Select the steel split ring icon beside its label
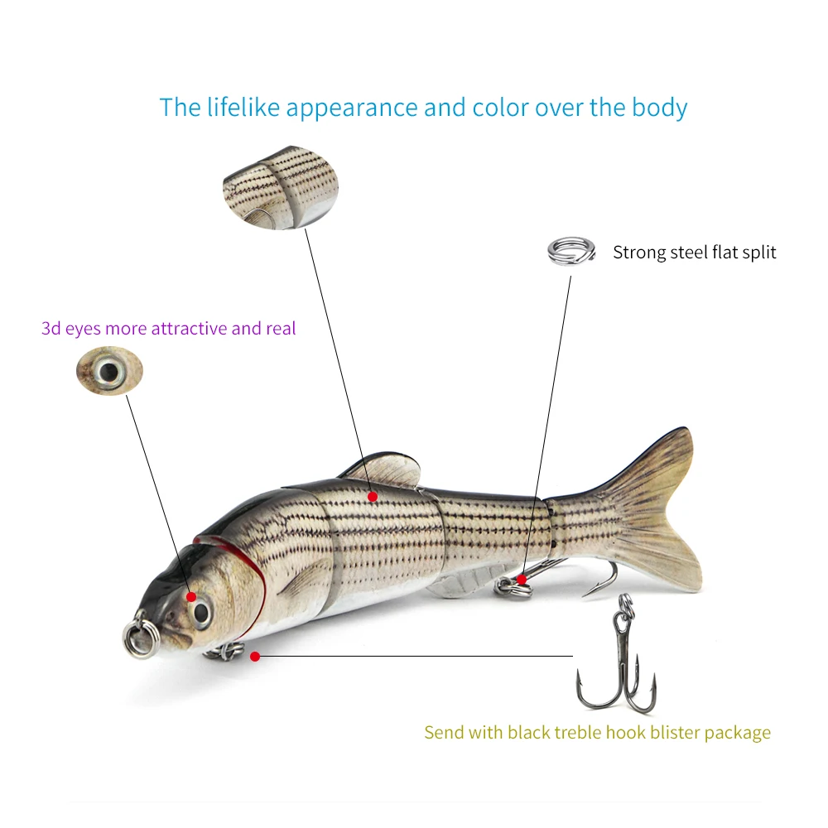[x=572, y=250]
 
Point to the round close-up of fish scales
[x=281, y=187]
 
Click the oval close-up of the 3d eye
[x=109, y=370]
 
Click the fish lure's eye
[x=201, y=612]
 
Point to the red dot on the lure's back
[x=373, y=496]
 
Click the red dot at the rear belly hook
[x=522, y=579]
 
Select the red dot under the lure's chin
[x=255, y=657]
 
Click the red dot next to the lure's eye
[x=191, y=596]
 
